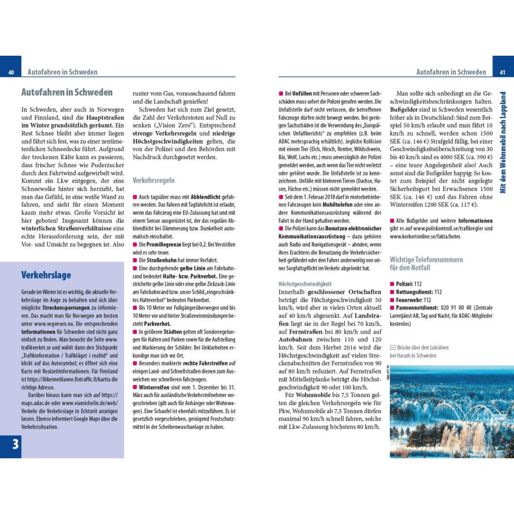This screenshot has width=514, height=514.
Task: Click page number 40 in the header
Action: (x=11, y=72)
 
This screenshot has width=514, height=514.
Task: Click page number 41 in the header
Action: (x=502, y=72)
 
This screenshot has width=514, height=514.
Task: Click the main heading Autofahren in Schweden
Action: (x=67, y=92)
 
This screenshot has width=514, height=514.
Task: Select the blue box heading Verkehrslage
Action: (x=46, y=275)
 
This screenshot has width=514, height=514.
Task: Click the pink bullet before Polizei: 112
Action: (x=392, y=284)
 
